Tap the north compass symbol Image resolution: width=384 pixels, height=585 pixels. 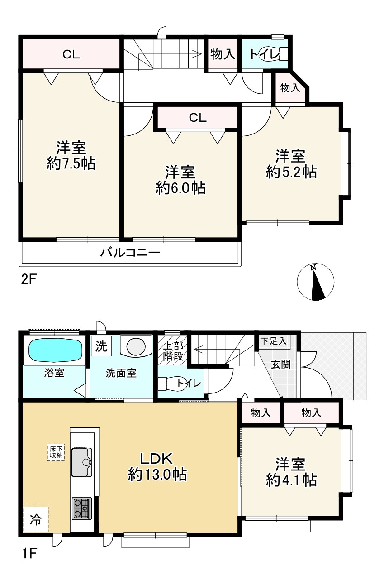(315, 282)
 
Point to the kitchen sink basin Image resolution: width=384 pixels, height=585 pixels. (82, 470)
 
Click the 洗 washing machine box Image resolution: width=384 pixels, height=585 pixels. (101, 346)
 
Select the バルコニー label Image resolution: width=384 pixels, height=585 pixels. (130, 253)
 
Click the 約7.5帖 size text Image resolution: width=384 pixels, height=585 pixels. (71, 164)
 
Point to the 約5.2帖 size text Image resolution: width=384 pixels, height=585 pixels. (291, 172)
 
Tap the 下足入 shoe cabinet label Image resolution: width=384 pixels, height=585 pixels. (273, 341)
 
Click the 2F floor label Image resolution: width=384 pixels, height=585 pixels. (28, 280)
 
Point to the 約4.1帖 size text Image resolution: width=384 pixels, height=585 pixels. (291, 480)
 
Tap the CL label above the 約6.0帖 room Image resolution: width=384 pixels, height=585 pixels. (198, 118)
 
